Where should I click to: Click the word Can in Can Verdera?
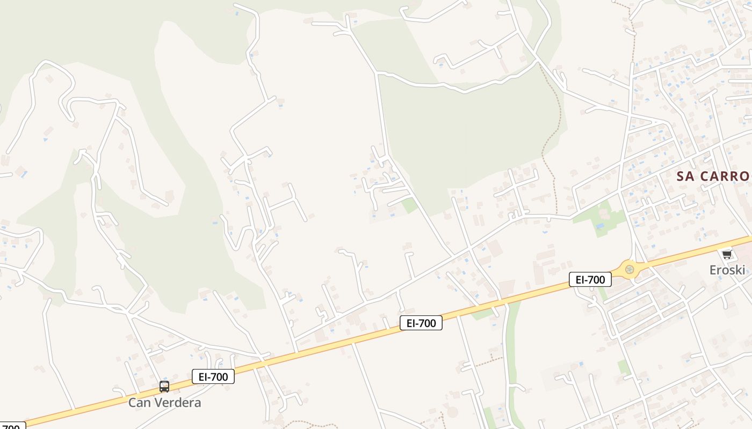[x=139, y=403]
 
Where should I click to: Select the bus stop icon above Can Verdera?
[x=164, y=386]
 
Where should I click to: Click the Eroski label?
[x=727, y=270]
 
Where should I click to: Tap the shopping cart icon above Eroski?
[x=727, y=254]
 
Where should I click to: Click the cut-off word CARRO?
[x=726, y=176]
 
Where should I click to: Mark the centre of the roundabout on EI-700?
[x=630, y=269]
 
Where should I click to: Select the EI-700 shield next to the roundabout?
[x=590, y=279]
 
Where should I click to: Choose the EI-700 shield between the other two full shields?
[x=421, y=323]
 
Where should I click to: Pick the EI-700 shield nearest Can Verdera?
[x=213, y=376]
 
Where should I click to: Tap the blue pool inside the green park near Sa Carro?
[x=599, y=226]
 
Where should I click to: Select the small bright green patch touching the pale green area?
[x=410, y=205]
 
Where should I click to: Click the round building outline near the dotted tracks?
[x=452, y=412]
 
